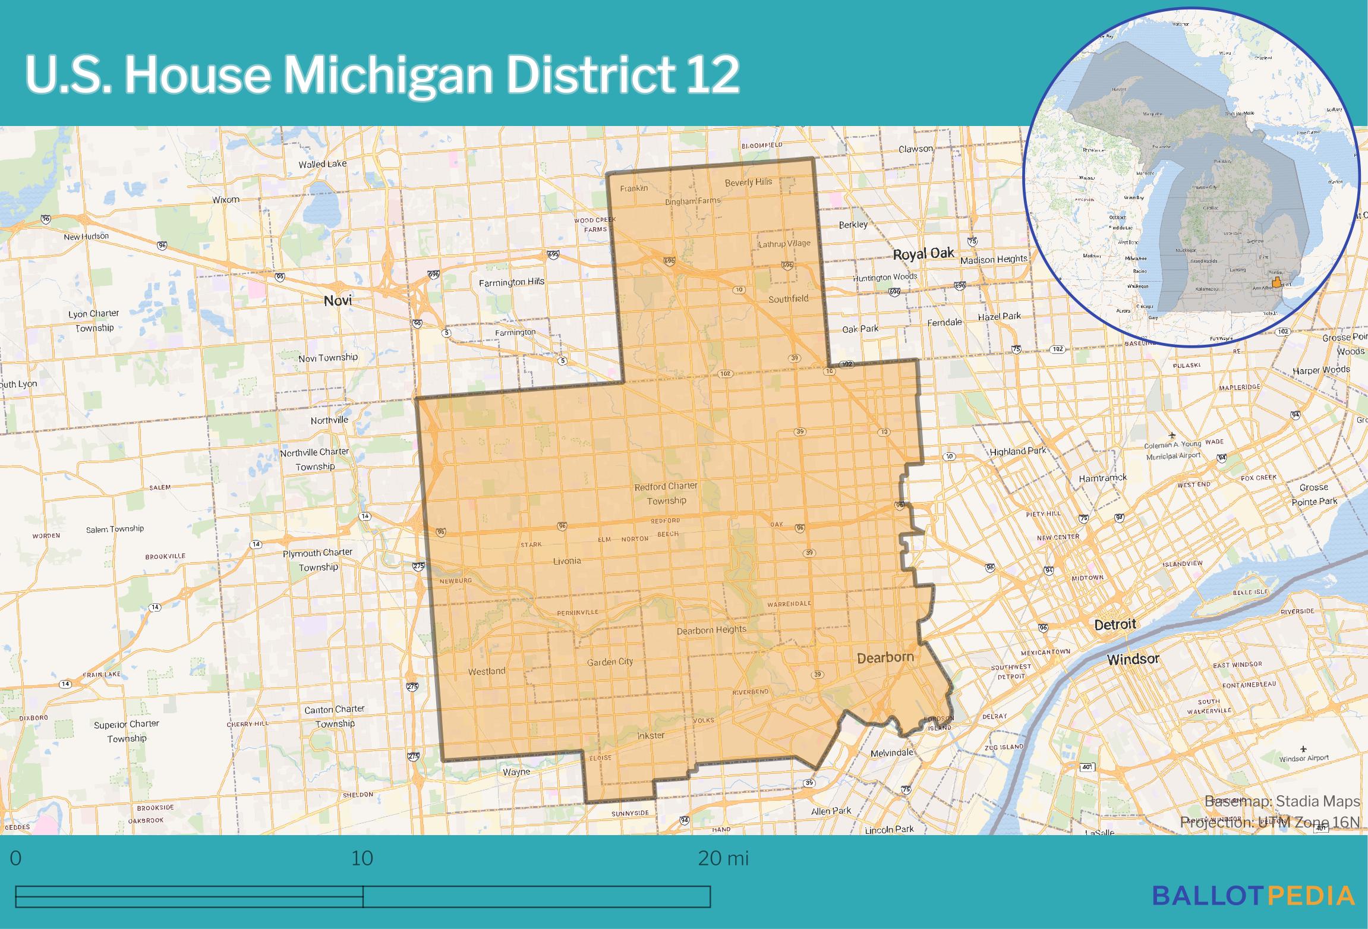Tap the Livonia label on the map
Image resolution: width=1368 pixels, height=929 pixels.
point(567,560)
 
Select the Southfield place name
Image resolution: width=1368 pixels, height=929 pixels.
point(788,298)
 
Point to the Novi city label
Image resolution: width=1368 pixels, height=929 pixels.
point(338,300)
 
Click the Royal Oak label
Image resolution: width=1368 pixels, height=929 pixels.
point(923,254)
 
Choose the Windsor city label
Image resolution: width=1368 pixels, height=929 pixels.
point(1133,659)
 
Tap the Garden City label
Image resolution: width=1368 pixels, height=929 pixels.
point(610,662)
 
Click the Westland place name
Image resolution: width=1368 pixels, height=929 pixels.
point(486,671)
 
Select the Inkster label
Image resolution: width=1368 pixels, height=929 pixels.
point(651,735)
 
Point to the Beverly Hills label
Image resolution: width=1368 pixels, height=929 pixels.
point(748,182)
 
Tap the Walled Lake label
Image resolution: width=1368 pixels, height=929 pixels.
point(322,163)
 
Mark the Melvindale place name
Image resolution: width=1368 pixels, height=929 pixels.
point(891,752)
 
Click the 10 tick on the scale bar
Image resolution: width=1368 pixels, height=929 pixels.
point(363,858)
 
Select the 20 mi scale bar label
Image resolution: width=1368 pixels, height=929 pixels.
point(723,858)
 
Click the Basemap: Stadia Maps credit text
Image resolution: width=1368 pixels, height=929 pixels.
point(1282,801)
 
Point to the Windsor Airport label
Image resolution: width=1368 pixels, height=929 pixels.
point(1303,758)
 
